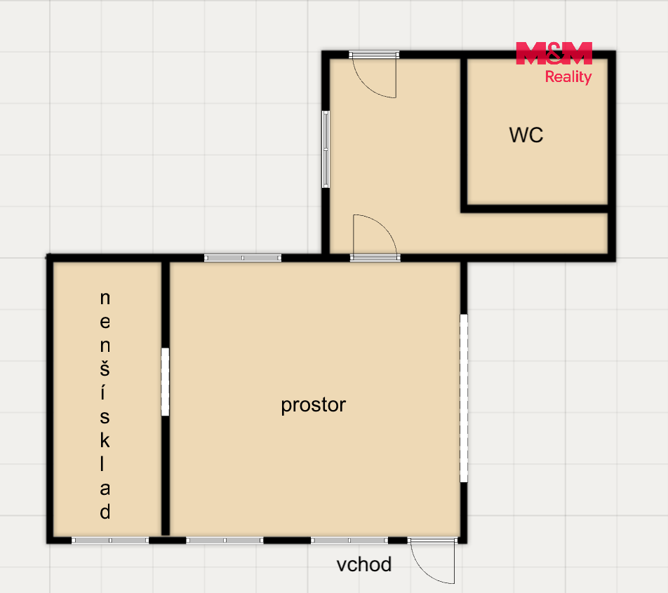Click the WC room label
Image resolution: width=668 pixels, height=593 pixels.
pos(526,135)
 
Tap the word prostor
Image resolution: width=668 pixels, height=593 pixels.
pos(313,406)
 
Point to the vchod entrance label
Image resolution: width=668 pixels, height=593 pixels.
pos(363,564)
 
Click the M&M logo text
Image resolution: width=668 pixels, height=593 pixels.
pos(554,53)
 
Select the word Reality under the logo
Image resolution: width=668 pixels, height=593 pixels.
pos(568,77)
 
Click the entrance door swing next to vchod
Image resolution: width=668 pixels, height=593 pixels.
pos(432,561)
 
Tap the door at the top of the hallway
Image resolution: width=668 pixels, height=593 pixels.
pos(374,74)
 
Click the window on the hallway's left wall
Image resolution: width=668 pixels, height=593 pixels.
pos(326,149)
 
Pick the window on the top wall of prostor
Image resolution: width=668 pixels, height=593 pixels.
pos(243,257)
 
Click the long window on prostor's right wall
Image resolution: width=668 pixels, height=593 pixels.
pos(464,398)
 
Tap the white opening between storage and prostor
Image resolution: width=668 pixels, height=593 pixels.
pos(166,382)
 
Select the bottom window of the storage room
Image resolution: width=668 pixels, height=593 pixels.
pos(110,540)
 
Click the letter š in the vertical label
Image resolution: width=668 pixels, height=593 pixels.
pos(105,367)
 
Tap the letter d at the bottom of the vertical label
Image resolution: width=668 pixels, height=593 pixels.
pos(105,511)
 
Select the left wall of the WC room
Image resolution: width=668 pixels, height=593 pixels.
pos(464,132)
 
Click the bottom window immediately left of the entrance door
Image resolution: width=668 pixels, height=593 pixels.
pos(349,540)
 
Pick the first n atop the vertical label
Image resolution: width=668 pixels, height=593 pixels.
pos(105,299)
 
